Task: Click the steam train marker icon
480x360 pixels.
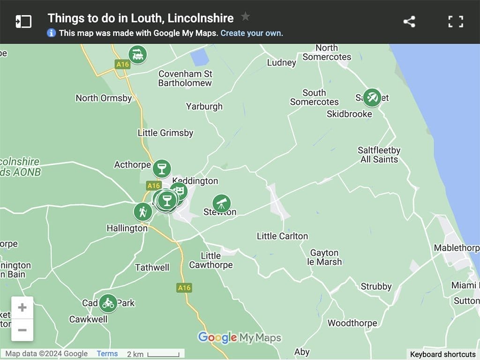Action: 137,55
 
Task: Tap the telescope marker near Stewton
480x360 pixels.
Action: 221,203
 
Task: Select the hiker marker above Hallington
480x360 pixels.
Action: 142,212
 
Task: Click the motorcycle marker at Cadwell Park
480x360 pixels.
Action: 108,303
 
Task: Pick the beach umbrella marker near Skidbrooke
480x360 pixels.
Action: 372,97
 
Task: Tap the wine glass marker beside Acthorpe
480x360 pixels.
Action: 162,168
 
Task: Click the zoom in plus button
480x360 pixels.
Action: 22,308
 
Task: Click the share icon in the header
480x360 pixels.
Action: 409,22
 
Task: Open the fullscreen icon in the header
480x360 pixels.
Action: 456,22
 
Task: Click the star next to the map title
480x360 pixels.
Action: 245,17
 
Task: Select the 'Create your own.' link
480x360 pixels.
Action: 252,33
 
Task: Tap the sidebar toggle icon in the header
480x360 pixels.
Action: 23,22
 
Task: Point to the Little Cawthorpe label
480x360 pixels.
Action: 210,260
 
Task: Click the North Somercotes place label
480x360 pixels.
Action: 327,52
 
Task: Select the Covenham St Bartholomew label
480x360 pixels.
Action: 185,78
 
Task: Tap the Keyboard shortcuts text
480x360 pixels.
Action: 442,354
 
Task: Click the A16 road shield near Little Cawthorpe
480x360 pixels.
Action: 184,287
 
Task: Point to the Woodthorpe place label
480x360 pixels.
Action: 352,323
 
